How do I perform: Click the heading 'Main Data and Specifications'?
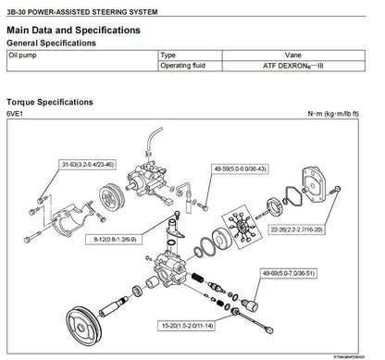[74, 31]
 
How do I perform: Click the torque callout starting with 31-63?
[87, 165]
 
